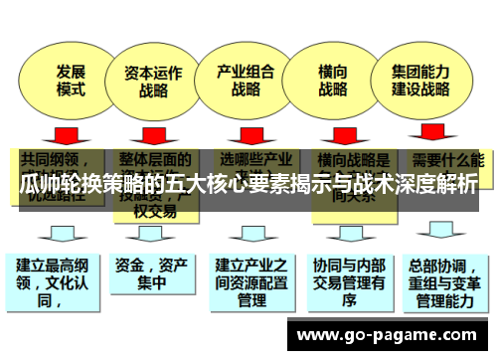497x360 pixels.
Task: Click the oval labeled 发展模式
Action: [70, 80]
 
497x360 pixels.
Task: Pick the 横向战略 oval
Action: [333, 80]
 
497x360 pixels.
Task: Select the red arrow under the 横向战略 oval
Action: [337, 132]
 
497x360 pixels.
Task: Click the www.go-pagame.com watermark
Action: [393, 334]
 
